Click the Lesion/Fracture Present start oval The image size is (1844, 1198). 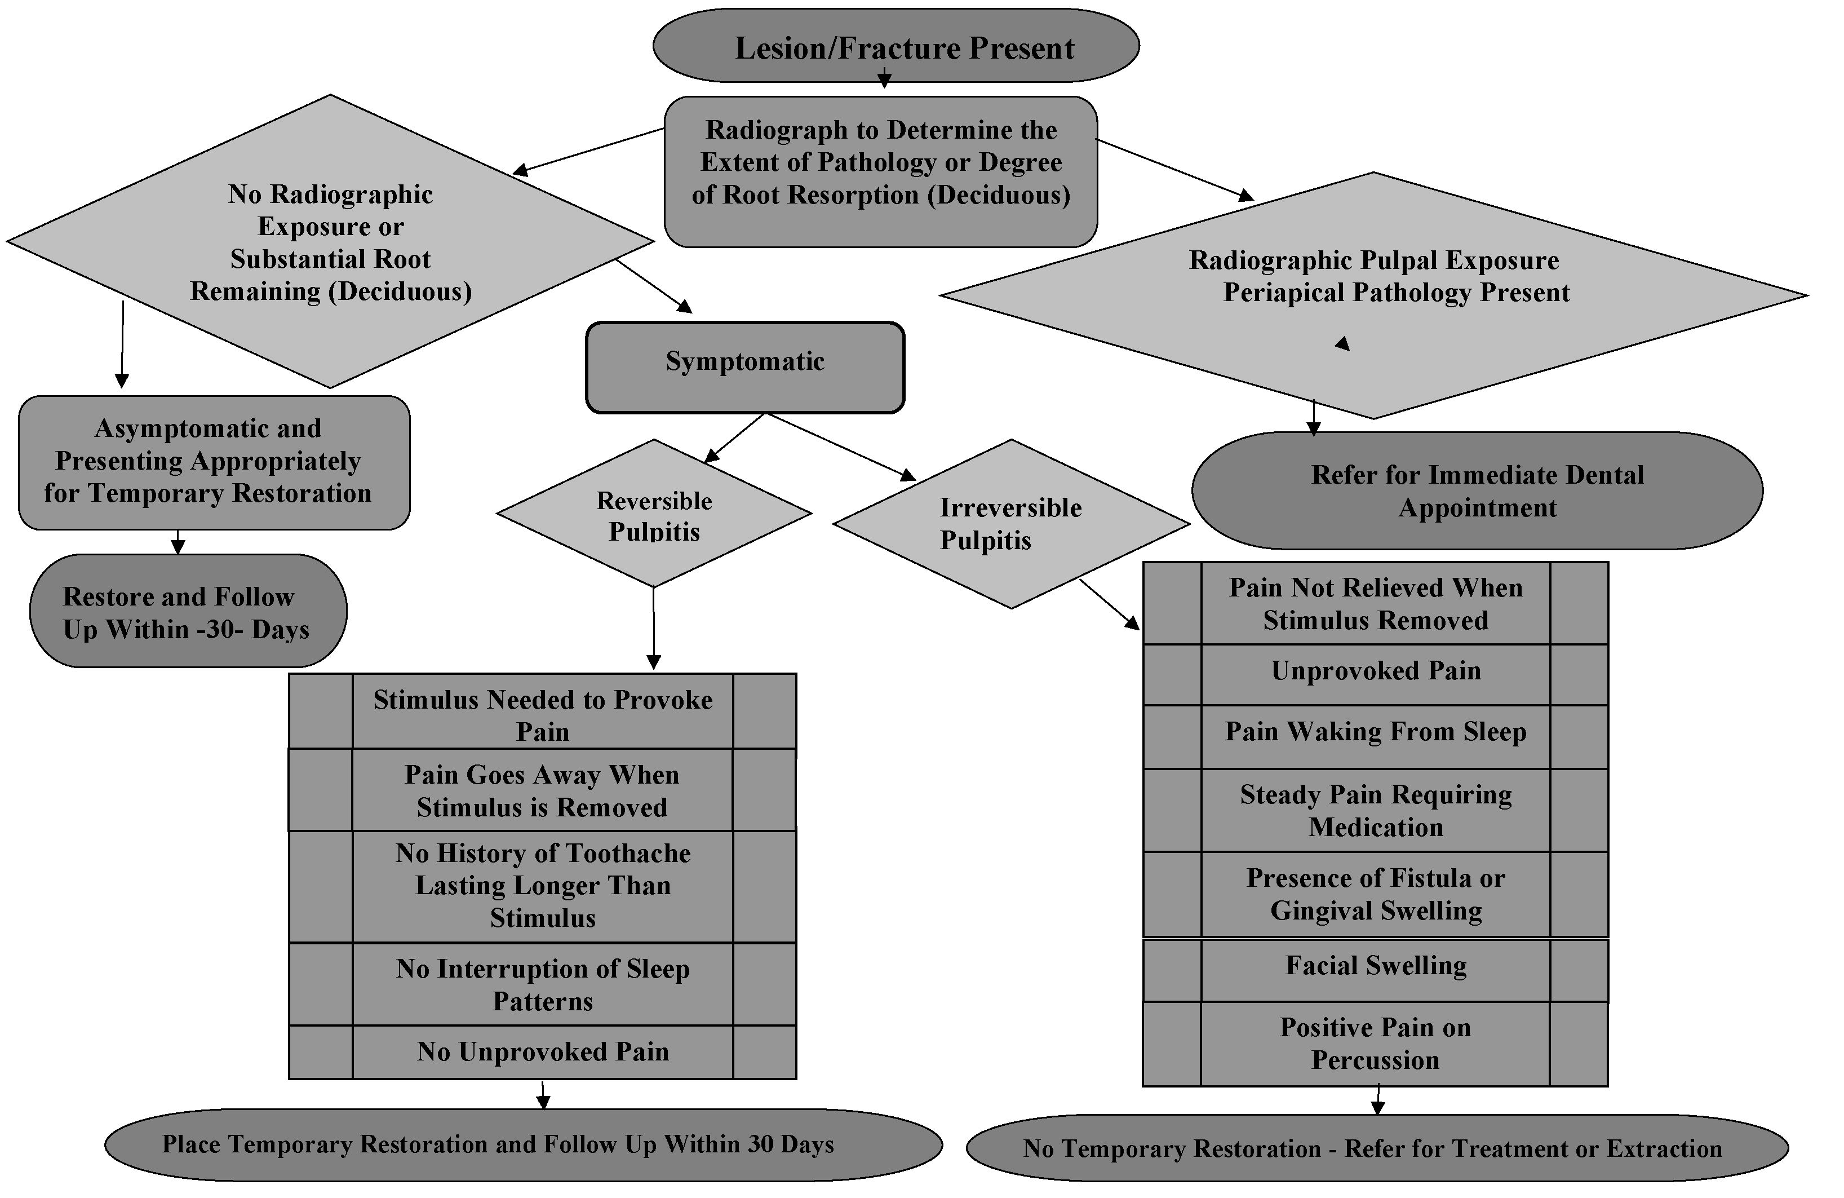tap(896, 46)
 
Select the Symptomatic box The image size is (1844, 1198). tap(744, 366)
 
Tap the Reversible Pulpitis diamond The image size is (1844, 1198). tap(654, 514)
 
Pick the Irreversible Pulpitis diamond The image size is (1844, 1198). tap(1010, 524)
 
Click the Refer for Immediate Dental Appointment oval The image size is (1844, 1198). tap(1477, 490)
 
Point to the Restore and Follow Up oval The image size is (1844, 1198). tap(188, 611)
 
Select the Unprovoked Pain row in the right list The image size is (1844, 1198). tap(1375, 671)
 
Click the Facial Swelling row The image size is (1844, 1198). tap(1375, 966)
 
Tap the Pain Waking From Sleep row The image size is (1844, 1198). tap(1375, 732)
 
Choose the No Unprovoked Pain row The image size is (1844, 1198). tap(542, 1051)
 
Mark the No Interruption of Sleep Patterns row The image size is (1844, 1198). tap(542, 984)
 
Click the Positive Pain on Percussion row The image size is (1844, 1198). tap(1375, 1043)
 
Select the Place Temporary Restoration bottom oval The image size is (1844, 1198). tap(523, 1144)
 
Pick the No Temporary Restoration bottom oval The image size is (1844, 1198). tap(1377, 1148)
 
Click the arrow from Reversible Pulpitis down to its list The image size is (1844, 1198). tap(653, 627)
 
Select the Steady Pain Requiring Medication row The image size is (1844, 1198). tap(1375, 811)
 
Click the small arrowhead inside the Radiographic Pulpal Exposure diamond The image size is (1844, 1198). tap(1344, 343)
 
